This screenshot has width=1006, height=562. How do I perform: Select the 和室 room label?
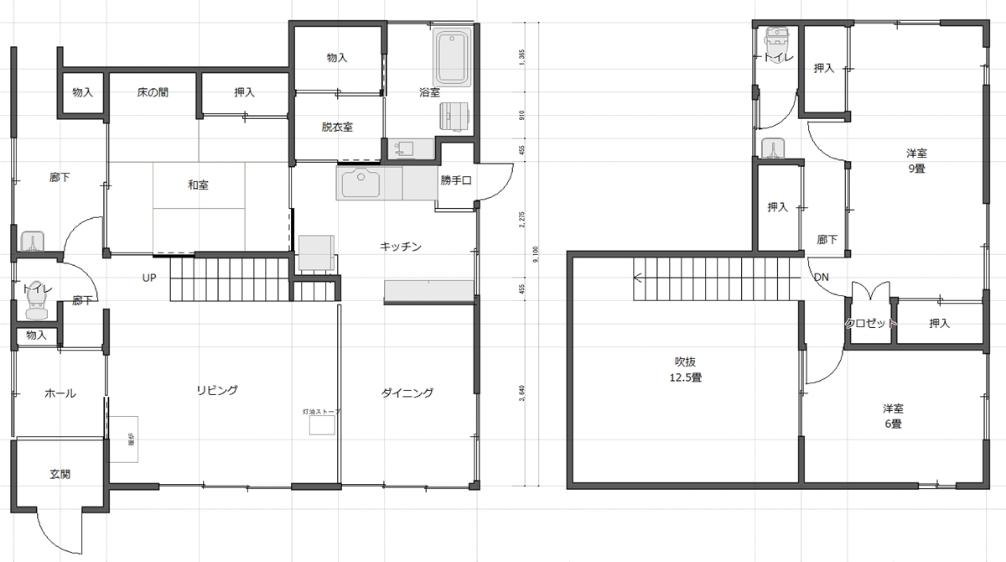tap(198, 185)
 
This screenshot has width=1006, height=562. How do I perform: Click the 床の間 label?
tap(153, 92)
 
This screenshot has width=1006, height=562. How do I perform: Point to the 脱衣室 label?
tap(337, 127)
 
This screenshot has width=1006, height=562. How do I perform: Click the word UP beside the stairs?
tap(149, 278)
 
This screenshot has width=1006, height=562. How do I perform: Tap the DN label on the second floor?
tap(821, 278)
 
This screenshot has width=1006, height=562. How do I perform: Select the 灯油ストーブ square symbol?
tap(322, 425)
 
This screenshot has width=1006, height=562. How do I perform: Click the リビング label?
tap(217, 390)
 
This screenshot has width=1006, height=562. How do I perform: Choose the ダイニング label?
tap(407, 392)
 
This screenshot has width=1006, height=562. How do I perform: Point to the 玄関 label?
tap(60, 474)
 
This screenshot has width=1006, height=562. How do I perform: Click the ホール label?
tap(60, 393)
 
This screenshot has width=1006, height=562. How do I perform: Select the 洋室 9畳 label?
tap(915, 160)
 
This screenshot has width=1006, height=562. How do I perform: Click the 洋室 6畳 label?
tap(892, 416)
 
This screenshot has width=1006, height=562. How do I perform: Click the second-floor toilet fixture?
tap(778, 39)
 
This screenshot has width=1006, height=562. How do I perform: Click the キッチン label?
tap(400, 247)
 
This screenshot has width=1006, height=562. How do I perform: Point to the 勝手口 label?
tap(456, 180)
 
